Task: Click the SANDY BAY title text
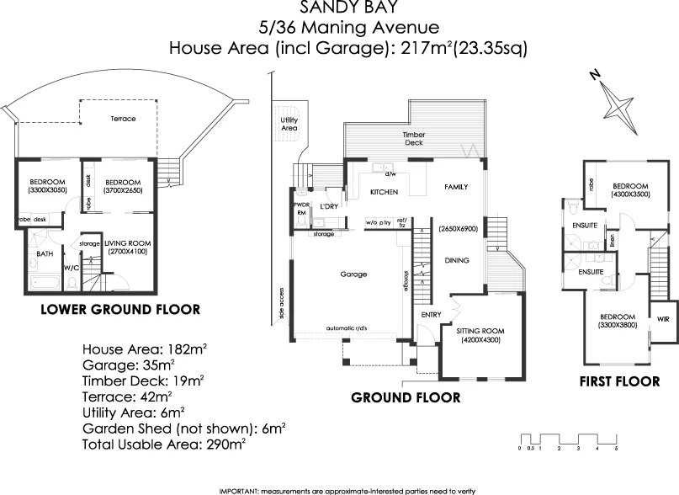pyautogui.click(x=348, y=8)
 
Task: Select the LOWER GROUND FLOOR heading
pyautogui.click(x=120, y=310)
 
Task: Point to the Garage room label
pyautogui.click(x=353, y=274)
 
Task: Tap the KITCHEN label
pyautogui.click(x=384, y=193)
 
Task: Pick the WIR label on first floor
pyautogui.click(x=662, y=319)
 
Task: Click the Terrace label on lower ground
pyautogui.click(x=123, y=119)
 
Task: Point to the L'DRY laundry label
pyautogui.click(x=329, y=205)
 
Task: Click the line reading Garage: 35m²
pyautogui.click(x=129, y=365)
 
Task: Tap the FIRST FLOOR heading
pyautogui.click(x=620, y=381)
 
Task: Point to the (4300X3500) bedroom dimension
pyautogui.click(x=629, y=195)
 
